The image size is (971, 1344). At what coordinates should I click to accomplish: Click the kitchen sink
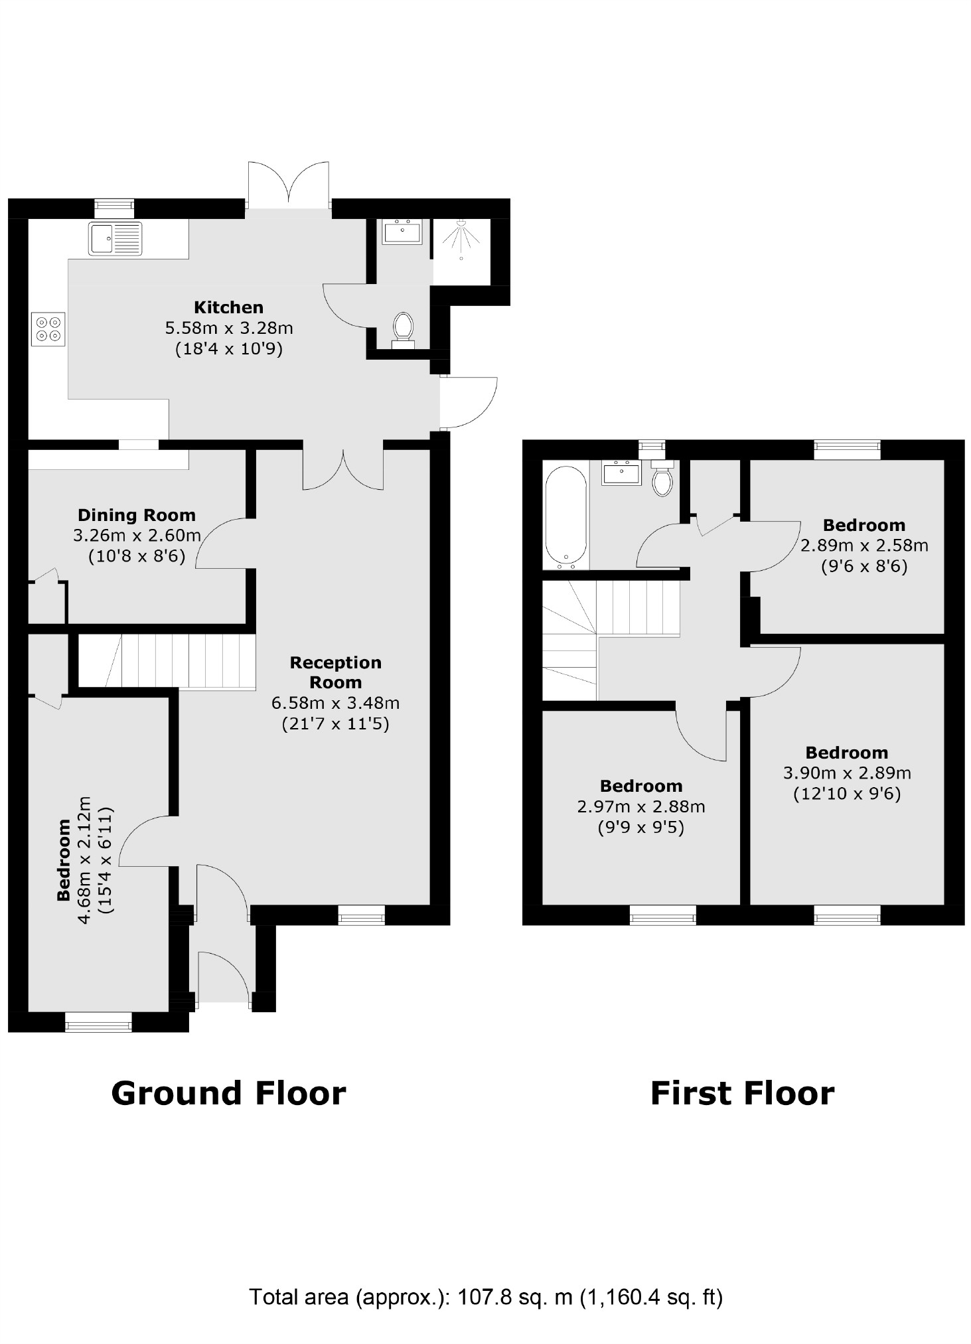tap(115, 238)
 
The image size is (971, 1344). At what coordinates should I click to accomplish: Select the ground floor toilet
tap(403, 329)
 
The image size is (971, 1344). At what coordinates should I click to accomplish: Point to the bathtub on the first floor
tap(565, 518)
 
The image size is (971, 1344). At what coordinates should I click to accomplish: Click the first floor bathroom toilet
tap(662, 480)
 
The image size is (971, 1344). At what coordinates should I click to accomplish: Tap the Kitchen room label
tap(228, 307)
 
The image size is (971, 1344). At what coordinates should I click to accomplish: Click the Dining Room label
tap(137, 515)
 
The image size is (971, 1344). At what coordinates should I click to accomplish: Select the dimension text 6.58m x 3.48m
tap(335, 703)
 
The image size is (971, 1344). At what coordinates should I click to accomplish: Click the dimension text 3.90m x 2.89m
tap(847, 773)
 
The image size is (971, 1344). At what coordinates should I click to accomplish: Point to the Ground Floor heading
tap(228, 1093)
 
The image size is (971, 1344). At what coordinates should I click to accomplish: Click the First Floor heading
tap(742, 1093)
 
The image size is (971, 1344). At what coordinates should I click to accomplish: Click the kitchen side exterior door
tap(469, 402)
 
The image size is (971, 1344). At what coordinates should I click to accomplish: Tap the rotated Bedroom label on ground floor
tap(64, 860)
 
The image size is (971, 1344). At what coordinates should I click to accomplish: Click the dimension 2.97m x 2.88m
tap(640, 807)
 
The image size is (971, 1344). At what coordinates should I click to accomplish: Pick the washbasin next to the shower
tap(402, 233)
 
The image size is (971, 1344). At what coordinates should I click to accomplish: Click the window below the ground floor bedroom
tap(98, 1023)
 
